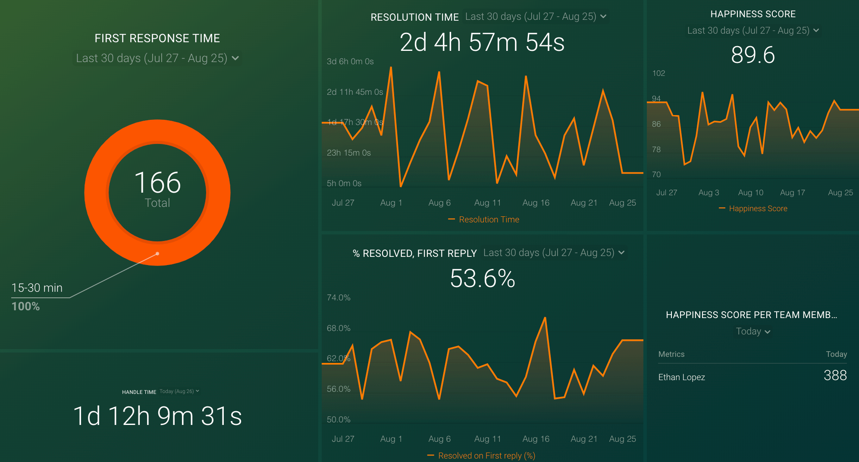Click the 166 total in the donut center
tap(157, 183)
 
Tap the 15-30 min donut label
tap(37, 288)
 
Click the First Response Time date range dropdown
tap(157, 58)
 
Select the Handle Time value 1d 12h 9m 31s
tap(157, 416)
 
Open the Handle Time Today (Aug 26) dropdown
tap(179, 391)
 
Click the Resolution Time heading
tap(414, 17)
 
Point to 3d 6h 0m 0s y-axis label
tap(350, 62)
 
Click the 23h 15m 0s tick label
tap(348, 153)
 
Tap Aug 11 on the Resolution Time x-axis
tap(487, 203)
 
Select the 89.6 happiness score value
tap(753, 55)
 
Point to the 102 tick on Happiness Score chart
tap(658, 73)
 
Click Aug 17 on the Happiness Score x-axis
tap(792, 193)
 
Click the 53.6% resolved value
tap(482, 278)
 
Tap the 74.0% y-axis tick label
tap(339, 298)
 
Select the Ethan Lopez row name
tap(681, 377)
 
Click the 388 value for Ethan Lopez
tap(835, 375)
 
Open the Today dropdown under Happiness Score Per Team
tap(753, 331)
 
